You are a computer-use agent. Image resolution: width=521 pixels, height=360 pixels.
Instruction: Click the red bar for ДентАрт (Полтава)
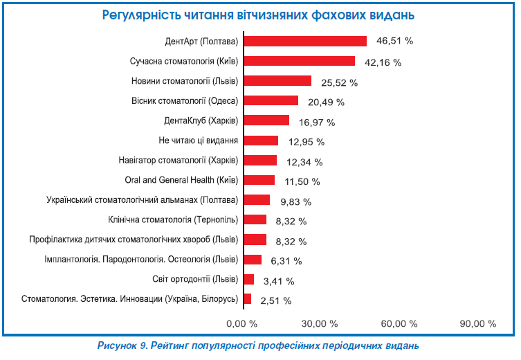click(x=305, y=41)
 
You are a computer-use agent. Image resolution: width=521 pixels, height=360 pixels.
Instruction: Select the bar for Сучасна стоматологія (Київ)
click(x=299, y=61)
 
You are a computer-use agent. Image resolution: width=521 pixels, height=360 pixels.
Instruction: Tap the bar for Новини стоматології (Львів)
click(x=277, y=81)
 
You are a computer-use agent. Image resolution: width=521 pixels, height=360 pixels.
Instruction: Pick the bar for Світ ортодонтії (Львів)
click(x=249, y=280)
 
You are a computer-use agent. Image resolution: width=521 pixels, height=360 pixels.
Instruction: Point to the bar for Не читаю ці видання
click(x=261, y=141)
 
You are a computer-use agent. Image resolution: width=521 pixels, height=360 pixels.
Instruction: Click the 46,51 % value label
click(x=394, y=41)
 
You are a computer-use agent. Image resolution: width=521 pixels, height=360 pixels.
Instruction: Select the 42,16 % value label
click(x=383, y=62)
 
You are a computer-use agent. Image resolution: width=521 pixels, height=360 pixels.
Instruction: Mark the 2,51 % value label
click(x=275, y=300)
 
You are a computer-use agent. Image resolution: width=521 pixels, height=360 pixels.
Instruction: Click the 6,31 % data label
click(x=285, y=261)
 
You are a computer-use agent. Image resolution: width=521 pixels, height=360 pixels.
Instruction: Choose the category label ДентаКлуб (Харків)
click(x=201, y=121)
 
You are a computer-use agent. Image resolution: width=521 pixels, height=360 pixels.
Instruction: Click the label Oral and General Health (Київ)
click(x=182, y=181)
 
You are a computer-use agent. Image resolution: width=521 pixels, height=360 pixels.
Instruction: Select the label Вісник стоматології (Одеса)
click(x=185, y=101)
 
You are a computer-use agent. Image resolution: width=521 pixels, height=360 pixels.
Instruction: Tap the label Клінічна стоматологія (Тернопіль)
click(x=173, y=220)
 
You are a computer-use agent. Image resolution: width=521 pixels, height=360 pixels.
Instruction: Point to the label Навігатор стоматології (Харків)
click(x=179, y=161)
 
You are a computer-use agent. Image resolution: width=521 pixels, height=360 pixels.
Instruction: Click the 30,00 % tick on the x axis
click(x=321, y=323)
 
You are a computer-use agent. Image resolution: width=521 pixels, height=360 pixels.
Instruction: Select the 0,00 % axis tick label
click(x=242, y=323)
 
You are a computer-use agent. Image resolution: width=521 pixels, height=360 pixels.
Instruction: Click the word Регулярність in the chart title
click(x=142, y=15)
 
